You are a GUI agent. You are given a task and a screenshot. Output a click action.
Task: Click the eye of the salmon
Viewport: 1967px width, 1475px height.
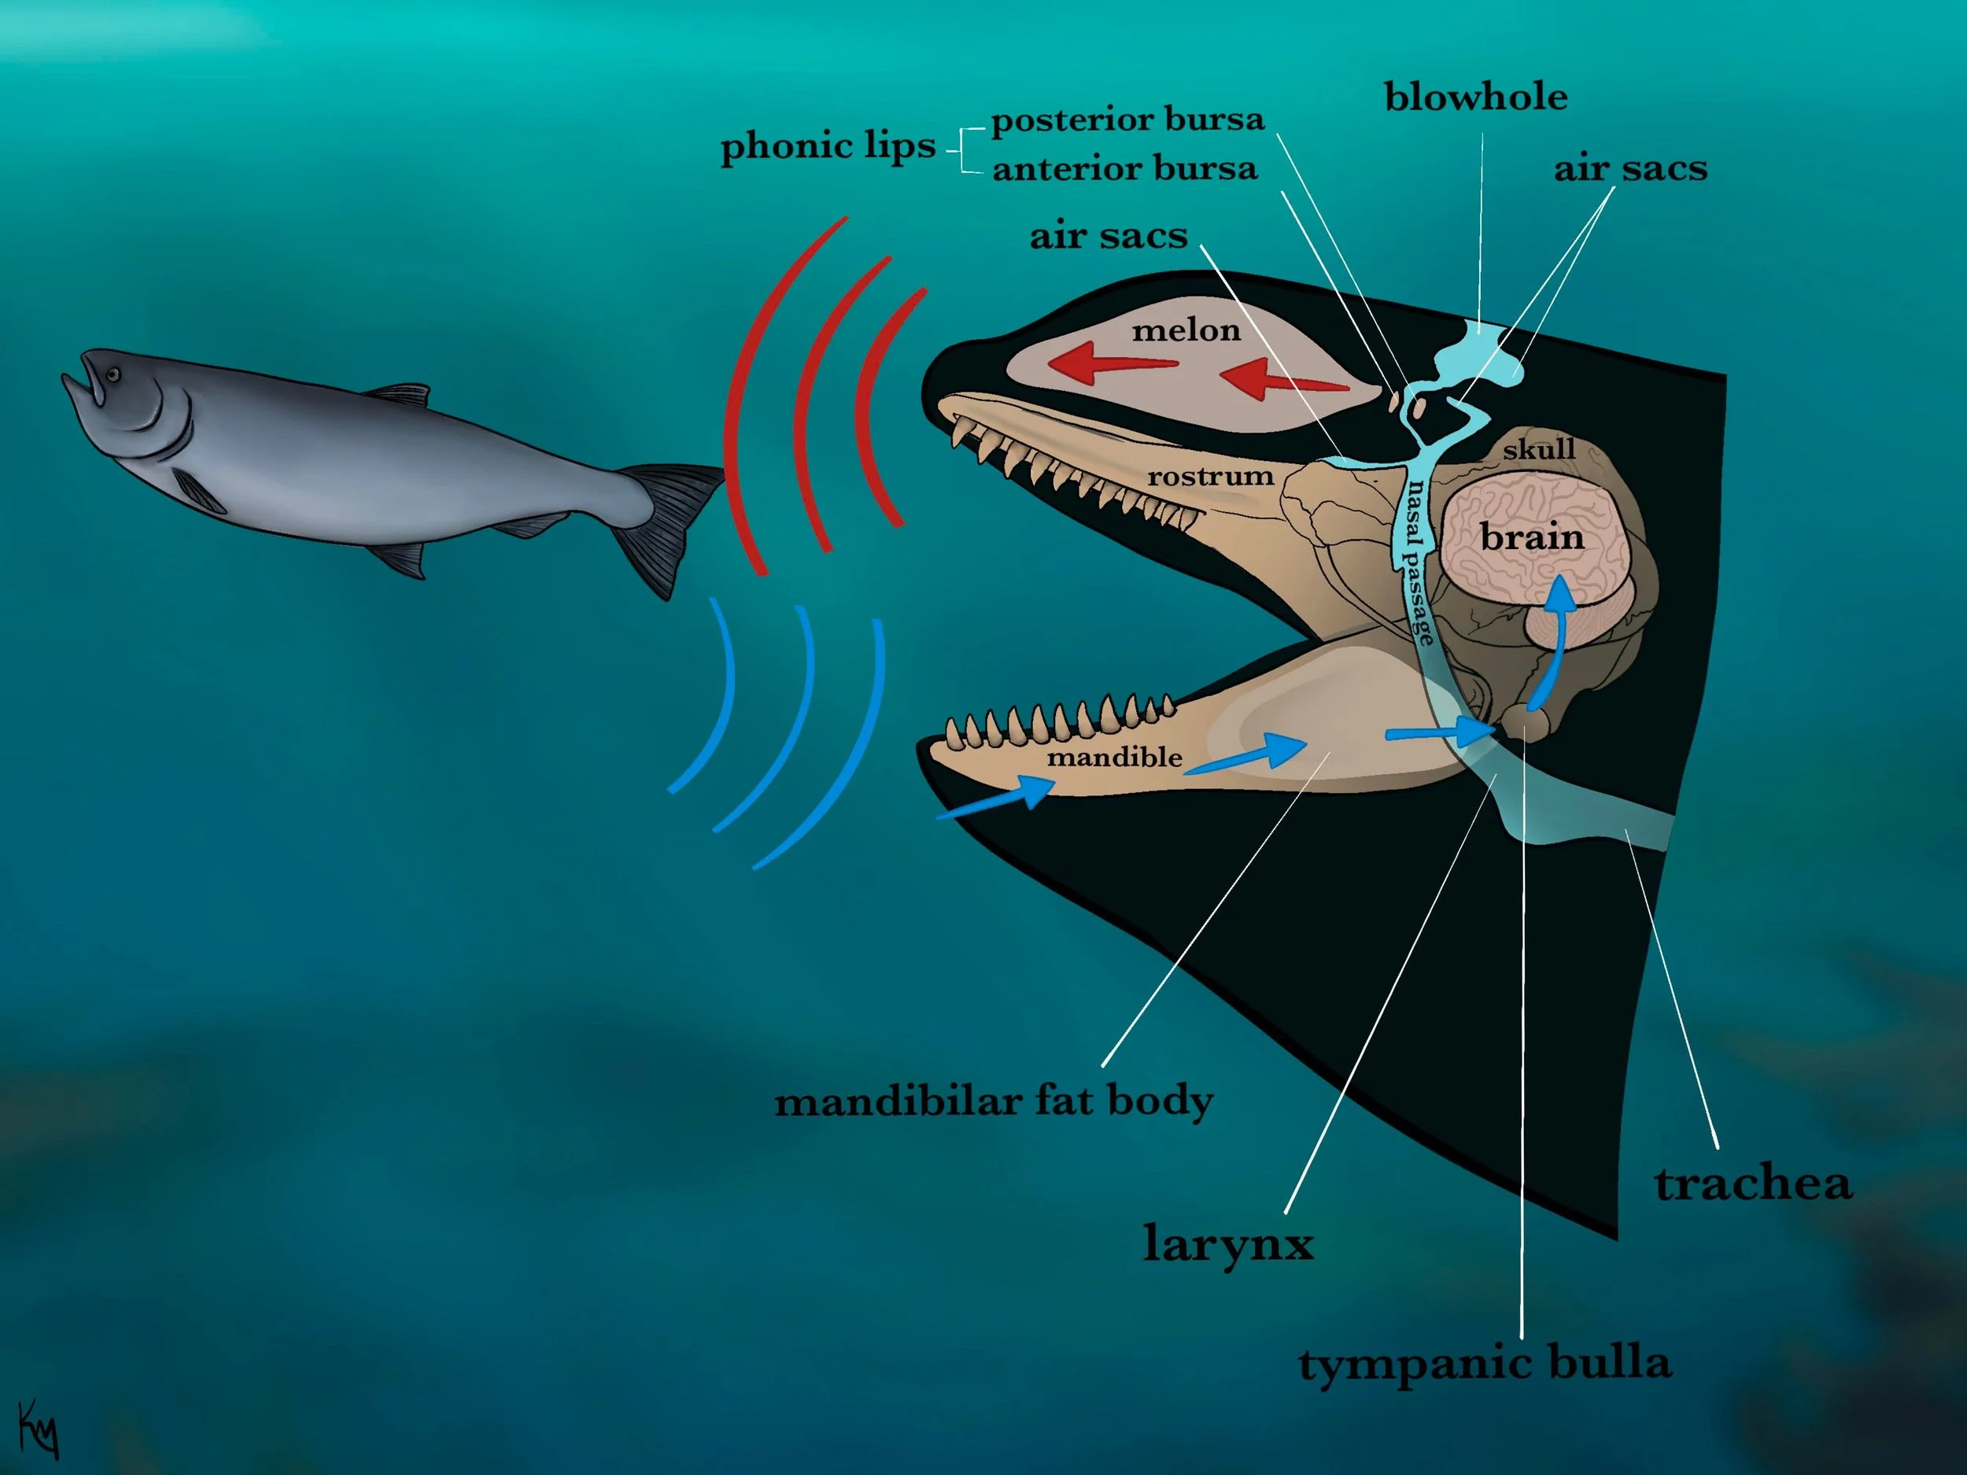[x=113, y=375]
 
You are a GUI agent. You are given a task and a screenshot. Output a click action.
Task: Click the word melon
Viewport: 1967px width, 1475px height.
[x=1186, y=330]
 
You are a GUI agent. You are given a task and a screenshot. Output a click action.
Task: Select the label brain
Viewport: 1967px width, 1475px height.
[x=1532, y=537]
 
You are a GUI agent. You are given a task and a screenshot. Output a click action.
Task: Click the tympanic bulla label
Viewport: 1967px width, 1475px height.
[x=1484, y=1363]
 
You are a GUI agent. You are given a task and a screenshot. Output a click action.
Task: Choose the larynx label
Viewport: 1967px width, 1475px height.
[x=1228, y=1243]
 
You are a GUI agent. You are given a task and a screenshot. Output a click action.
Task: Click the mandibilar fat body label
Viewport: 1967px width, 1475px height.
[x=993, y=1101]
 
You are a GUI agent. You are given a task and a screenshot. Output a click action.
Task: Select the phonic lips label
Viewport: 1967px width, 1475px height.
[x=828, y=146]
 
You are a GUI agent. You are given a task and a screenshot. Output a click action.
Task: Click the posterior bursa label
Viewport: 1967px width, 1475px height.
[x=1127, y=119]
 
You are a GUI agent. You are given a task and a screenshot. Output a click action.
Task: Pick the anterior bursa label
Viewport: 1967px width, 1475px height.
[x=1124, y=169]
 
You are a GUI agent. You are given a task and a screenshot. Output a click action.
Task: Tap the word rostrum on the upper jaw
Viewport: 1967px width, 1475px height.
[x=1209, y=478]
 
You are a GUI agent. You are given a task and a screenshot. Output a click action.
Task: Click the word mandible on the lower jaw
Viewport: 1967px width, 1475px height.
[x=1114, y=758]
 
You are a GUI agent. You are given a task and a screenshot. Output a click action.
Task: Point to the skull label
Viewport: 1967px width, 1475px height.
[x=1539, y=450]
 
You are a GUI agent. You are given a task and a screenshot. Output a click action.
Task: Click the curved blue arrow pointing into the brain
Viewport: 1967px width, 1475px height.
[x=1552, y=640]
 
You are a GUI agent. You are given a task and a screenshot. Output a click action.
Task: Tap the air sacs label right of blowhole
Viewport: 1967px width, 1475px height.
[x=1630, y=169]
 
